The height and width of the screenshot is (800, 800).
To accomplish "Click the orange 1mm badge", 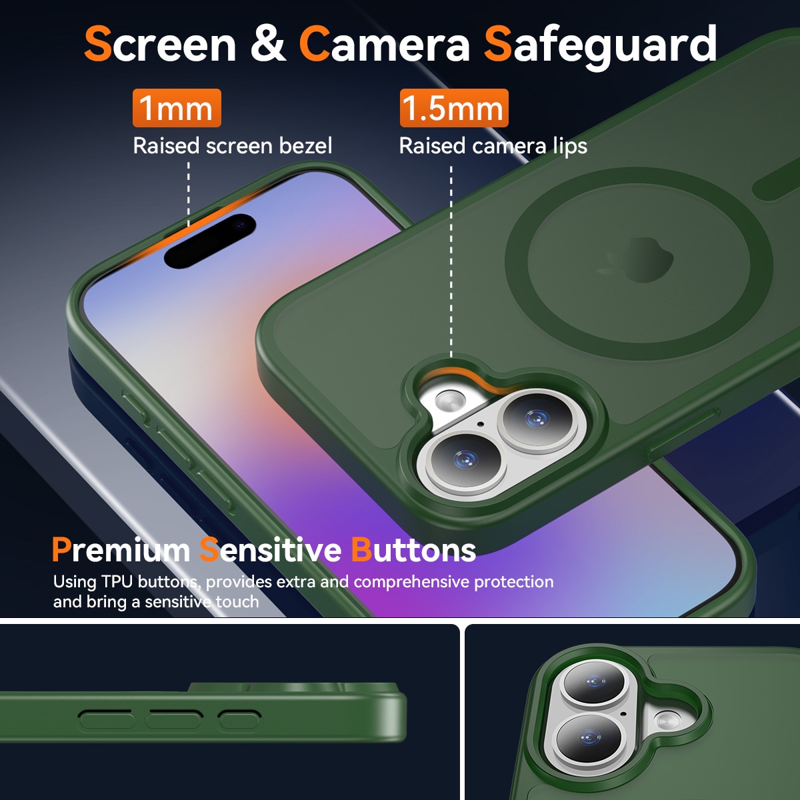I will pyautogui.click(x=177, y=108).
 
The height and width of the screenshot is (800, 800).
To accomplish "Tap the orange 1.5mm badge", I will pyautogui.click(x=453, y=108).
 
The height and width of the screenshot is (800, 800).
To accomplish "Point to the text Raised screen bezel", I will pyautogui.click(x=232, y=145).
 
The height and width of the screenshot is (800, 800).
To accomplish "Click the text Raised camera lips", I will pyautogui.click(x=493, y=145).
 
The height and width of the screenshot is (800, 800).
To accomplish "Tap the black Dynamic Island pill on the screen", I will pyautogui.click(x=210, y=241).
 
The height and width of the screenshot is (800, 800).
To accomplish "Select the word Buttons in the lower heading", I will pyautogui.click(x=413, y=550).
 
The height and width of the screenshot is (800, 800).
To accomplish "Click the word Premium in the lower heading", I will pyautogui.click(x=121, y=550).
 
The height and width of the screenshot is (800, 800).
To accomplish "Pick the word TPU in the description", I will pyautogui.click(x=117, y=582).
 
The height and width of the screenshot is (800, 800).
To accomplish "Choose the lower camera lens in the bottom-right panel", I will pyautogui.click(x=588, y=739).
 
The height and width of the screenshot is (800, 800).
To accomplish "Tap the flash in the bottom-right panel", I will pyautogui.click(x=667, y=720).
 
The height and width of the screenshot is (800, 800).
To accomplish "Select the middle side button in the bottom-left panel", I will pyautogui.click(x=174, y=719).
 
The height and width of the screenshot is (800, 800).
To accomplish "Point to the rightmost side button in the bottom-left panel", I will pyautogui.click(x=239, y=719).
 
